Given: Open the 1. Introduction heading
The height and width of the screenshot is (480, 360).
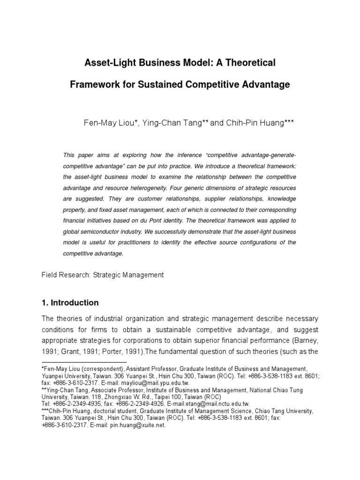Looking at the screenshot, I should coord(70,302).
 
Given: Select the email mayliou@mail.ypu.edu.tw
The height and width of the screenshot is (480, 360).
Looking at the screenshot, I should coord(156,382).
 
